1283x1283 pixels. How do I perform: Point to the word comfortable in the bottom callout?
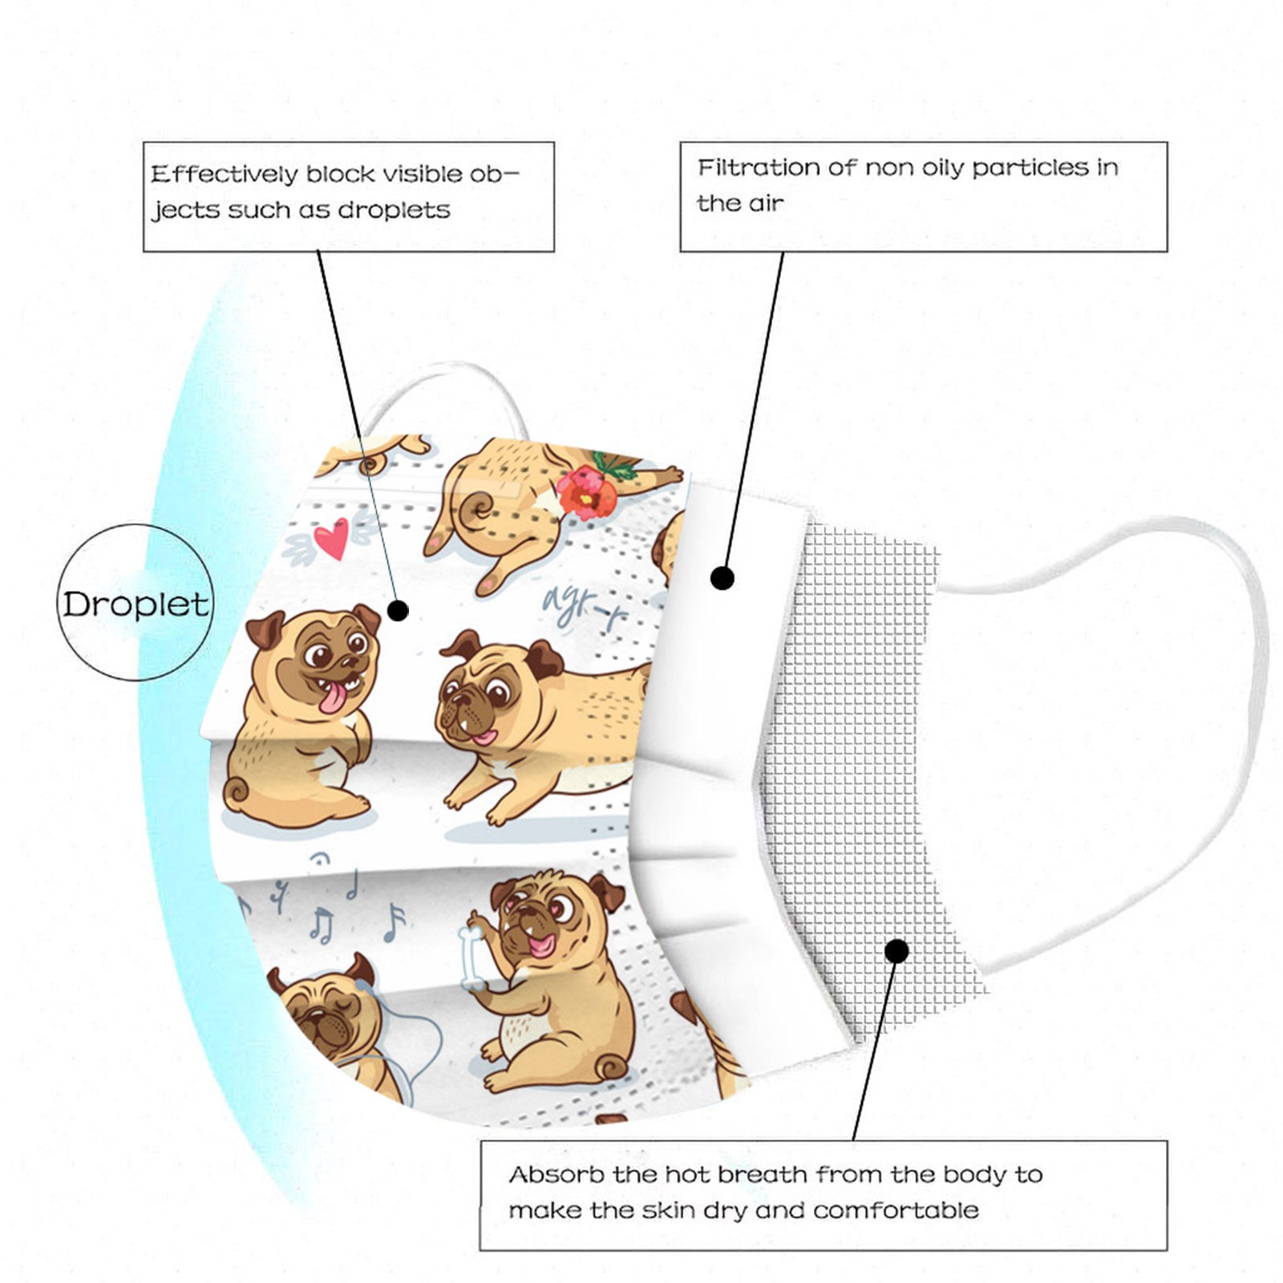point(896,1210)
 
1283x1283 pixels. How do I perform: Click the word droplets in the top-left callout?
point(394,210)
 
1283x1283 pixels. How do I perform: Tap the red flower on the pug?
point(588,492)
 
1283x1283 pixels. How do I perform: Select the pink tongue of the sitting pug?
point(332,697)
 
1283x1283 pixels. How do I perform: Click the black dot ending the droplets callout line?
point(398,611)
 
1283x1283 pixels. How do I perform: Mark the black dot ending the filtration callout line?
point(722,577)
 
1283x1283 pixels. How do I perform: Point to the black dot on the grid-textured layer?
point(897,951)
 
